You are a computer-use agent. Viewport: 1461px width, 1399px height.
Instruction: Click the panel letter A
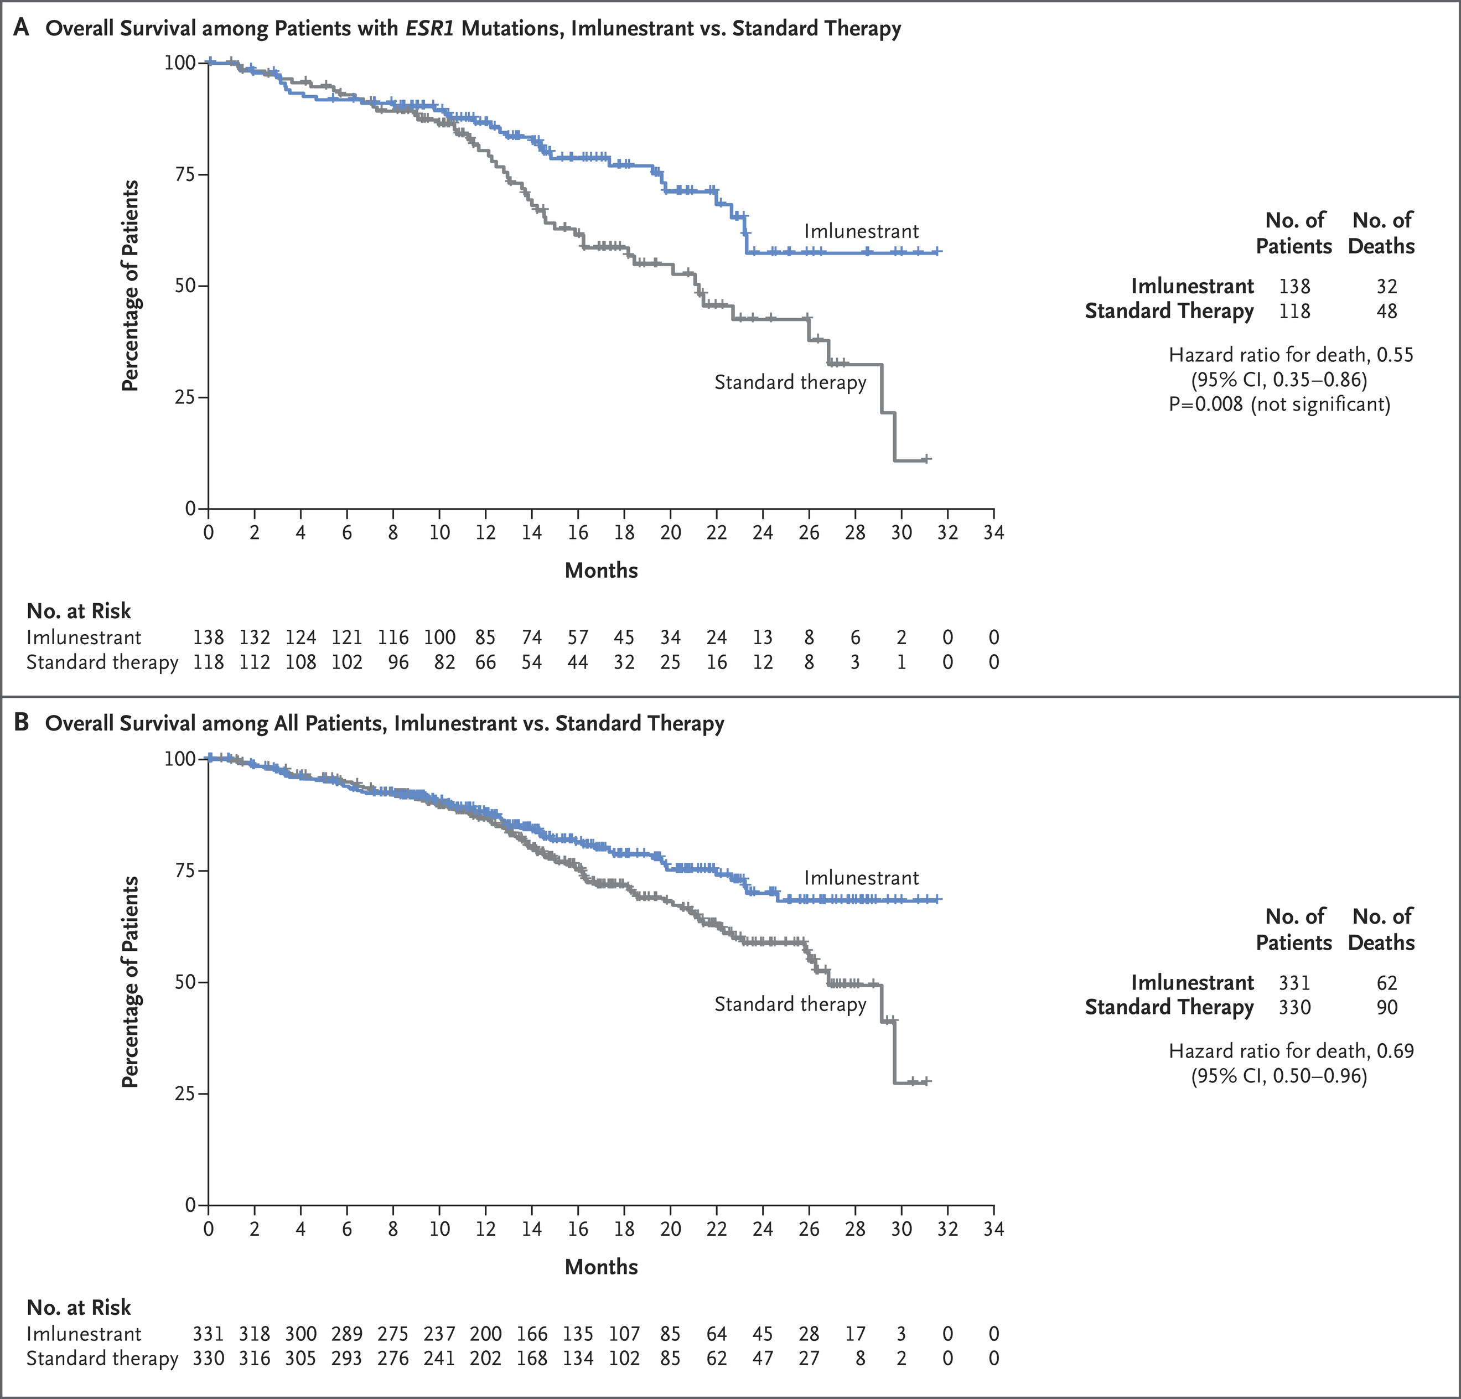(21, 28)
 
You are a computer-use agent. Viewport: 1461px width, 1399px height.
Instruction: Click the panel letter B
(21, 723)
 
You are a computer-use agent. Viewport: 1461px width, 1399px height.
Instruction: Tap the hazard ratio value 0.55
(1395, 355)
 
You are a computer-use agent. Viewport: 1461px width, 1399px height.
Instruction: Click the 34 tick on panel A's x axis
(993, 532)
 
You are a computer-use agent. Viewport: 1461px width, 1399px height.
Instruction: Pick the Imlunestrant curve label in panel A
(861, 231)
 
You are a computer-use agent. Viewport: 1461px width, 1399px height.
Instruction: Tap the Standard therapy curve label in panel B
(790, 1004)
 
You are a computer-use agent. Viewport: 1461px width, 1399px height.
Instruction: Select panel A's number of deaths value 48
(1386, 311)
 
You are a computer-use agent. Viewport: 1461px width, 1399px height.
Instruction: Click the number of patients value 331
(1295, 982)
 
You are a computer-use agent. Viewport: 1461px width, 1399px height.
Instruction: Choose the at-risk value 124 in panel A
(301, 638)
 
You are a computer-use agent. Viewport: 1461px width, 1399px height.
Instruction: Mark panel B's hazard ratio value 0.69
(1395, 1051)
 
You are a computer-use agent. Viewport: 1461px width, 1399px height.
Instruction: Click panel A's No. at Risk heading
(79, 611)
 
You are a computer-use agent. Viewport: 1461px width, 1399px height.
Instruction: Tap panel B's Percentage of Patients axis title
(131, 982)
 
